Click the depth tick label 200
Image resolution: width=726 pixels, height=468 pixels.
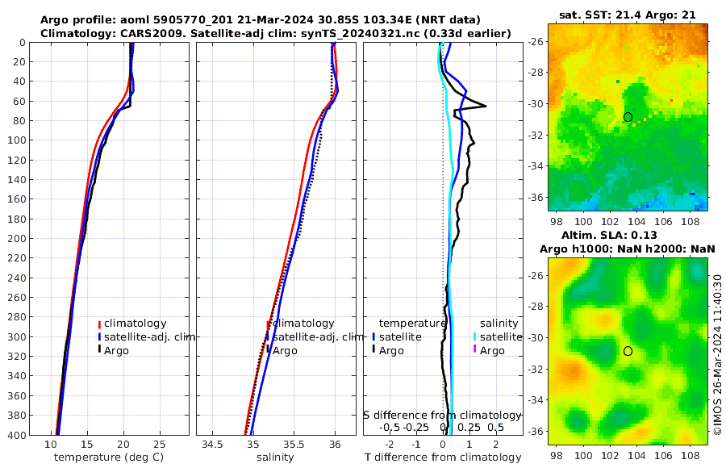(x=17, y=238)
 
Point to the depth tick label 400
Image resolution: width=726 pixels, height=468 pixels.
(x=17, y=435)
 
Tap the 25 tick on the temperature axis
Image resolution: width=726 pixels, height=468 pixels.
(x=159, y=445)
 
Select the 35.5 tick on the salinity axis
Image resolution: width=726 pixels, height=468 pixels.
(x=294, y=445)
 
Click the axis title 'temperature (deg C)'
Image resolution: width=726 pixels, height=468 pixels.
(x=111, y=458)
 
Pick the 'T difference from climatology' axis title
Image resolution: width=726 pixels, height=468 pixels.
(x=442, y=458)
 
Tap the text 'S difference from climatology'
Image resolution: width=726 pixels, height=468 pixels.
(x=442, y=415)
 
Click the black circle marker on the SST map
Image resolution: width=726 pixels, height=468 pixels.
(x=628, y=117)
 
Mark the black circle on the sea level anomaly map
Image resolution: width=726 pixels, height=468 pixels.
(x=628, y=351)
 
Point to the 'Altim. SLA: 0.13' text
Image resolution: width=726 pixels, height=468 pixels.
(x=628, y=235)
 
